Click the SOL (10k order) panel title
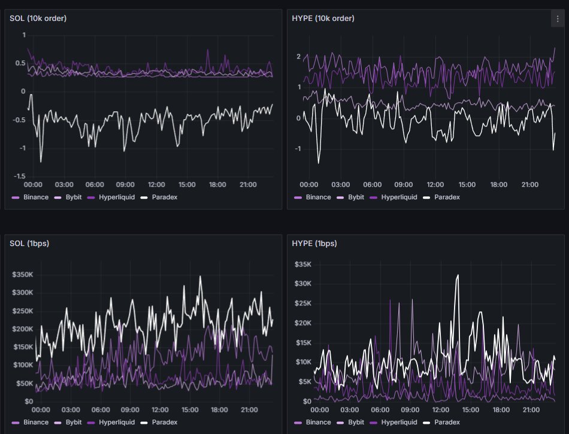(x=38, y=19)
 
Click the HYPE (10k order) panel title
(x=322, y=19)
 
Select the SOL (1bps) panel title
(x=31, y=244)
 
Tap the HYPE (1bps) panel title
(x=314, y=244)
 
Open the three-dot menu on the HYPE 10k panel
(x=555, y=19)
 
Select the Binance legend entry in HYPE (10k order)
(x=318, y=197)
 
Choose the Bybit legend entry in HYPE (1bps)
(x=360, y=423)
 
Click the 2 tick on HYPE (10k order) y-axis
(x=298, y=56)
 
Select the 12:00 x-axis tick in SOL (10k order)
(x=156, y=184)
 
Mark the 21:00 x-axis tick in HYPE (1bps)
(x=530, y=410)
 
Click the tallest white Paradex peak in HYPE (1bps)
(x=458, y=275)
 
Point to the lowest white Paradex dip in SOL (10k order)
(x=41, y=162)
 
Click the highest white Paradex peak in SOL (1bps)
(x=200, y=277)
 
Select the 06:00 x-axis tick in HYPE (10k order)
(x=372, y=184)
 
